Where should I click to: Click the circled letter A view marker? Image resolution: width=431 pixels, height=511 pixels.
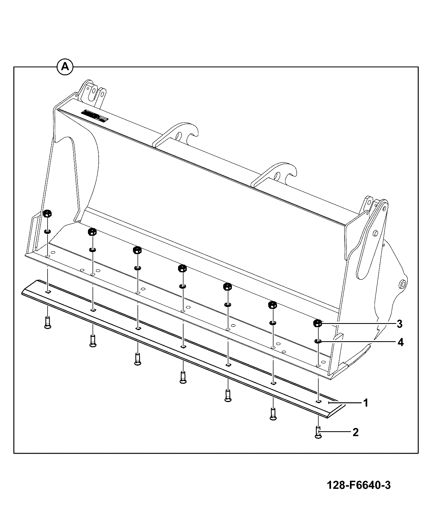coord(65,67)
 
